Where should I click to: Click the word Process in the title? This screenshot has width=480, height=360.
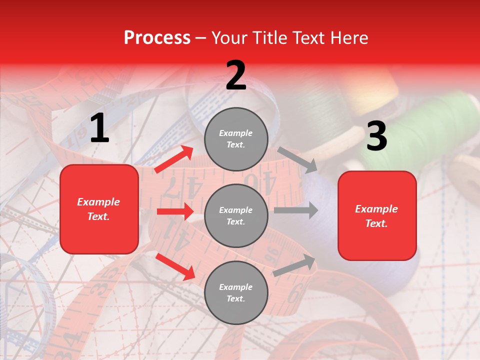tap(157, 38)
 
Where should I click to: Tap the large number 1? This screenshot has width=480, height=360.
tap(99, 128)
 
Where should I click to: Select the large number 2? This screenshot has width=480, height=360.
tap(236, 75)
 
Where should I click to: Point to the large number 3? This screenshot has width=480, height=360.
tap(376, 136)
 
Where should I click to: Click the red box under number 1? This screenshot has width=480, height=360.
tap(99, 209)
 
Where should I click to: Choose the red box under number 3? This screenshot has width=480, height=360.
tap(377, 215)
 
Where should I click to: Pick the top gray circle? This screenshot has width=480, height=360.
tap(236, 138)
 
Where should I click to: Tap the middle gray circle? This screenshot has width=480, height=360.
tap(236, 215)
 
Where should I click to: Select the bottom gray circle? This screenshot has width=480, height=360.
tap(236, 292)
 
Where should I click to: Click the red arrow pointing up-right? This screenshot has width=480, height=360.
tap(174, 159)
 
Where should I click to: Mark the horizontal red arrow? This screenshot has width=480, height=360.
tap(175, 211)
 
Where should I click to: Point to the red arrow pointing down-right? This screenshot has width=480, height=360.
tap(175, 266)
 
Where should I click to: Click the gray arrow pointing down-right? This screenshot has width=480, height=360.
tap(297, 159)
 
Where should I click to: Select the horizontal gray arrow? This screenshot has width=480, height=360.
tap(295, 210)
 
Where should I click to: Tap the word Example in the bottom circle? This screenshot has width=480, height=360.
tap(236, 287)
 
